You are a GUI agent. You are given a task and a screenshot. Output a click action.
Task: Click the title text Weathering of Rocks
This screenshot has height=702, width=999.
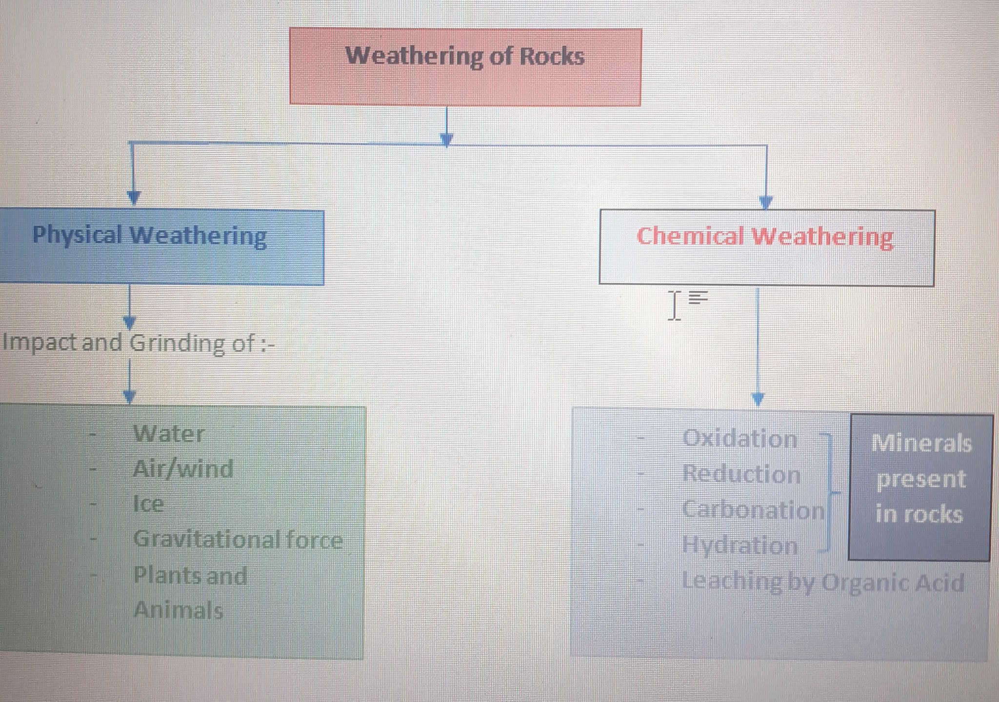[464, 56]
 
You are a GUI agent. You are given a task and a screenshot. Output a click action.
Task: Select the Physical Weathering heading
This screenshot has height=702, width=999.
[149, 235]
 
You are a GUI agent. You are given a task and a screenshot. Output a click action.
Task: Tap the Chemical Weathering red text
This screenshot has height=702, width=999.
[765, 237]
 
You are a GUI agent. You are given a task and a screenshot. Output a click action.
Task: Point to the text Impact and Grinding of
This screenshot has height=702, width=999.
[138, 342]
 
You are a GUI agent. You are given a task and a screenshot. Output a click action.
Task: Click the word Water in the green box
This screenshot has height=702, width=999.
[169, 434]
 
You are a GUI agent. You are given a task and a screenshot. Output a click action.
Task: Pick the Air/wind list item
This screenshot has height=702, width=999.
[183, 469]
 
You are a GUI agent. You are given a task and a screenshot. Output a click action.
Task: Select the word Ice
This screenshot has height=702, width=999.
[148, 503]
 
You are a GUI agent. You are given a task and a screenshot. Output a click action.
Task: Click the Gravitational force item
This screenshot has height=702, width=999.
[238, 540]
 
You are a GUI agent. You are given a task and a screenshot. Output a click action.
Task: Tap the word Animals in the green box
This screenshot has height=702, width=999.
[179, 610]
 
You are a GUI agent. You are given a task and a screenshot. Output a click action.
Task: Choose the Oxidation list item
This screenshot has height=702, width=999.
[739, 439]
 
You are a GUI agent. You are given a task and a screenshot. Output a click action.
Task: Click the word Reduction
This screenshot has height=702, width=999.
[741, 474]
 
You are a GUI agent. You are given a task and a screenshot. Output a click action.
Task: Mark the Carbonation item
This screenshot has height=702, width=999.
[753, 510]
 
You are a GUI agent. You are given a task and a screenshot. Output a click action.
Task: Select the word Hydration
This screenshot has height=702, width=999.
[739, 545]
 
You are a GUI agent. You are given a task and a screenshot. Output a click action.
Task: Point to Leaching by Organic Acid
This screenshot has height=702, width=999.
[823, 582]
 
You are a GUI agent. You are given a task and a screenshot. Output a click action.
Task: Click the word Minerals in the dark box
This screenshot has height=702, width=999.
[921, 443]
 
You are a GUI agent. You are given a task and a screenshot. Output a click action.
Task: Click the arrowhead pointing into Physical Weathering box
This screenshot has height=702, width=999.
[133, 197]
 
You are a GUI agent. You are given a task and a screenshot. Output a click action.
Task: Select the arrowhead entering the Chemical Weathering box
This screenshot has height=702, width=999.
[766, 202]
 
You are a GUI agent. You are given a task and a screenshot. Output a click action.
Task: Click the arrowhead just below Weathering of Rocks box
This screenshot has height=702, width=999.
[446, 139]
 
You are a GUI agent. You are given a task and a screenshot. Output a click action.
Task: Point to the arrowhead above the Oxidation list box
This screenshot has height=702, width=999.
[758, 399]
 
